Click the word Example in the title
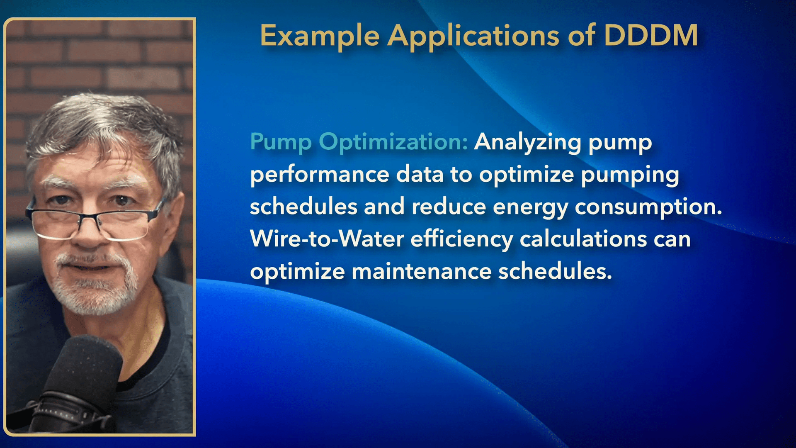tap(320, 36)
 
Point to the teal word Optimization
tap(393, 142)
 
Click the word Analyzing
tap(528, 142)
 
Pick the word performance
tap(320, 175)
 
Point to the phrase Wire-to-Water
tap(327, 239)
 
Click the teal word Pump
tap(281, 142)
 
